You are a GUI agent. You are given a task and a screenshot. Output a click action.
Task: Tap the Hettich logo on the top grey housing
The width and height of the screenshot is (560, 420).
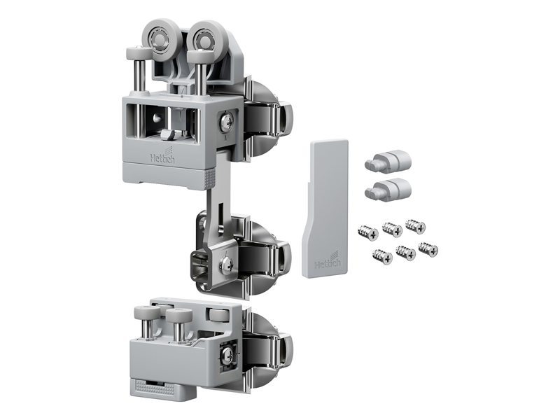click(162, 156)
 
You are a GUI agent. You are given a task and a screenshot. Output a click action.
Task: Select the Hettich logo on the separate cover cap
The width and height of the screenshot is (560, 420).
click(328, 262)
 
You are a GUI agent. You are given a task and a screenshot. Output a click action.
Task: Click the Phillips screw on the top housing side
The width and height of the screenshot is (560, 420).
click(227, 121)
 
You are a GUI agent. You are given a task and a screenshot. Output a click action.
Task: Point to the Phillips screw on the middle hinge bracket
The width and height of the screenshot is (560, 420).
click(226, 265)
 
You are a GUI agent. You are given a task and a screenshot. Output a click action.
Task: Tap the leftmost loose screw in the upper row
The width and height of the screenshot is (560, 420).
click(368, 232)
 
